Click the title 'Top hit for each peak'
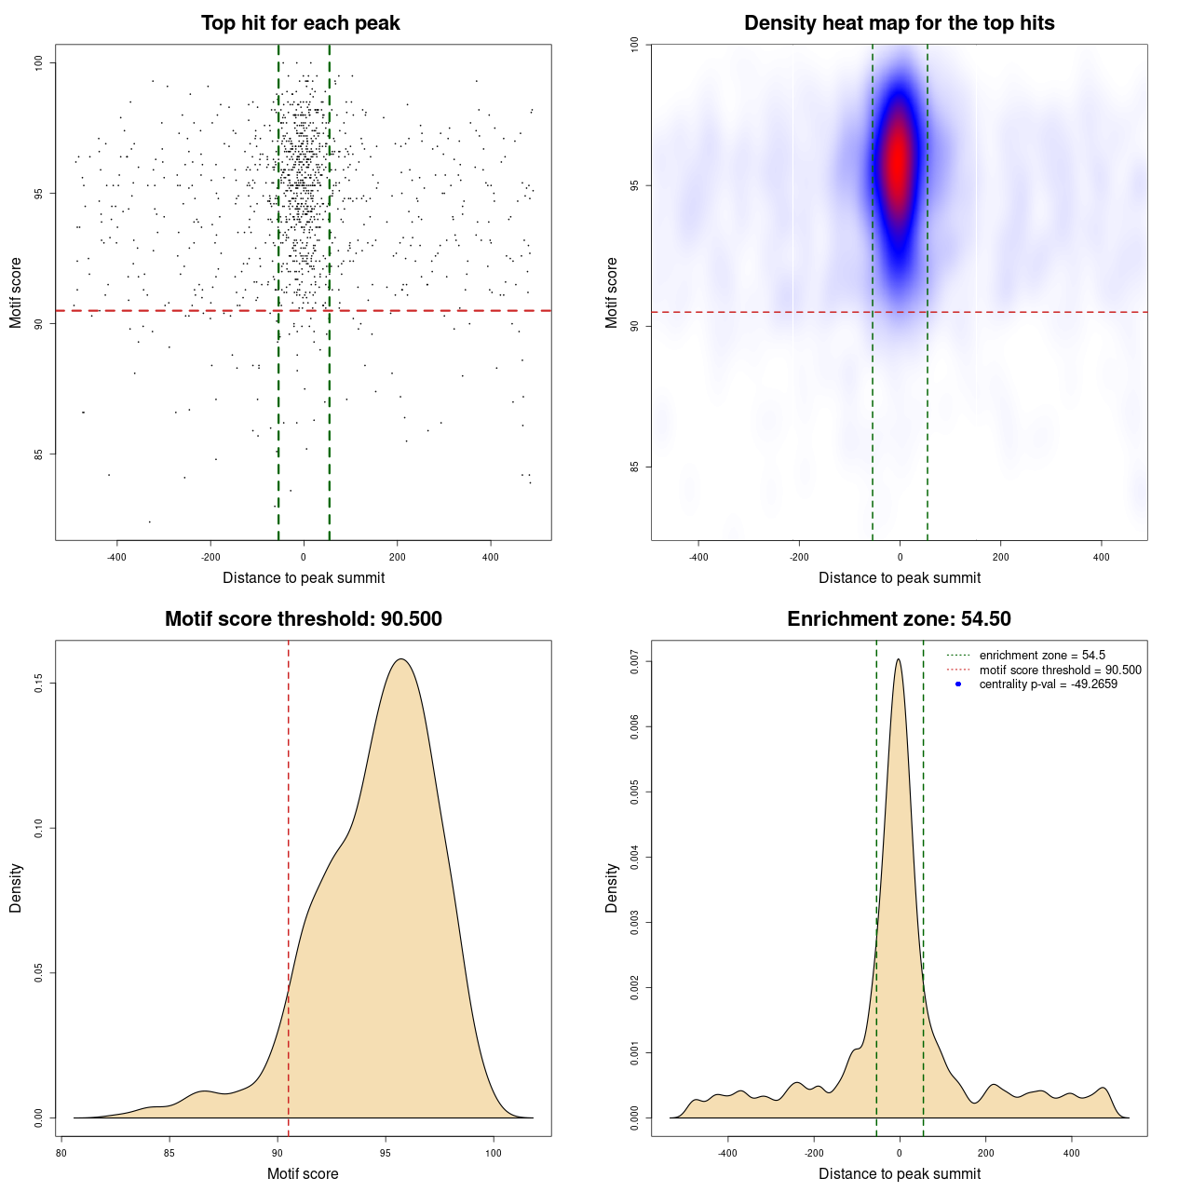pyautogui.click(x=300, y=23)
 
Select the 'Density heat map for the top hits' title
pyautogui.click(x=899, y=23)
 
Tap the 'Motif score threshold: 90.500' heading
pyautogui.click(x=303, y=619)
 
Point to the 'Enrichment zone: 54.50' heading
pyautogui.click(x=899, y=619)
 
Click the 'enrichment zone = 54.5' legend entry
pyautogui.click(x=1041, y=656)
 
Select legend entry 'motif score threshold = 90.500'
pyautogui.click(x=1060, y=670)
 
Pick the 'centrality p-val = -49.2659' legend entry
pyautogui.click(x=1048, y=684)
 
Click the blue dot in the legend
pyautogui.click(x=958, y=684)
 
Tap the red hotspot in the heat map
pyautogui.click(x=898, y=158)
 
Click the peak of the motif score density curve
pyautogui.click(x=401, y=659)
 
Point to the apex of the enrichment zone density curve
pyautogui.click(x=899, y=659)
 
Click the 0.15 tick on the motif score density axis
pyautogui.click(x=39, y=684)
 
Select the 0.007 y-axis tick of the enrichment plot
pyautogui.click(x=635, y=662)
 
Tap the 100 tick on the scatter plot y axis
pyautogui.click(x=39, y=62)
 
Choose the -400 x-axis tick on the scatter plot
pyautogui.click(x=116, y=557)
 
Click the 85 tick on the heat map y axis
pyautogui.click(x=635, y=467)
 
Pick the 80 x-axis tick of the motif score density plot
pyautogui.click(x=61, y=1153)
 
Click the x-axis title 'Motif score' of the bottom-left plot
pyautogui.click(x=303, y=1173)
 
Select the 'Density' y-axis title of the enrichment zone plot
pyautogui.click(x=612, y=887)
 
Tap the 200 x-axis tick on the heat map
pyautogui.click(x=1000, y=557)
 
